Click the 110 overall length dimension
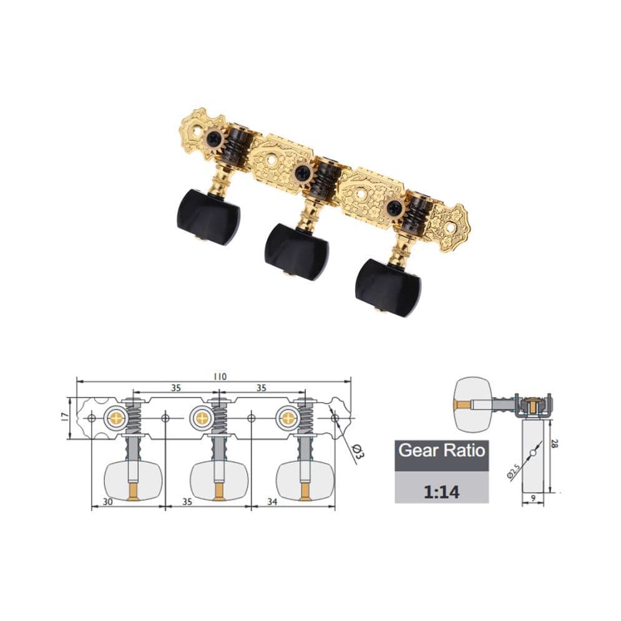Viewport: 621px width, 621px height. click(218, 376)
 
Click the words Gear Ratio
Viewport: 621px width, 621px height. click(441, 450)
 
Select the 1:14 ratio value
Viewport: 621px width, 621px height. click(441, 491)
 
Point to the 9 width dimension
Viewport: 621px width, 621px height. click(533, 497)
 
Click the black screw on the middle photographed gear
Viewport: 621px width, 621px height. click(303, 172)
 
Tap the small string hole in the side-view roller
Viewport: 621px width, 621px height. click(532, 452)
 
